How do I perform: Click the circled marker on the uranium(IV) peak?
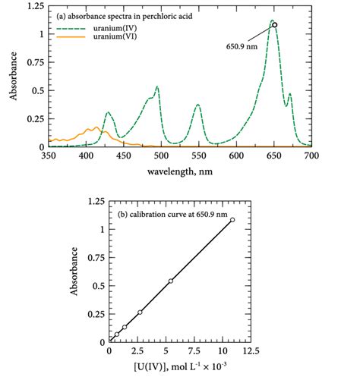(275, 25)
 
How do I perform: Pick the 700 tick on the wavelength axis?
(311, 156)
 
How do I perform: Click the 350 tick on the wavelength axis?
(49, 156)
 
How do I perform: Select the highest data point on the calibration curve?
(232, 220)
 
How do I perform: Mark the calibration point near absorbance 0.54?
(171, 281)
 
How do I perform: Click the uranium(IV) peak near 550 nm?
(198, 105)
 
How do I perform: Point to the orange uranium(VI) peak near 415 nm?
(96, 127)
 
